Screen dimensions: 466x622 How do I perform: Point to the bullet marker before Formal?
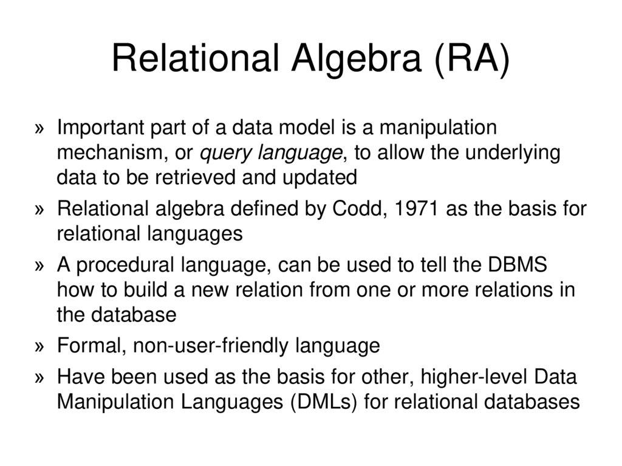pyautogui.click(x=40, y=346)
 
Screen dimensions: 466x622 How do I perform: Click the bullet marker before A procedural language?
pyautogui.click(x=40, y=266)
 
